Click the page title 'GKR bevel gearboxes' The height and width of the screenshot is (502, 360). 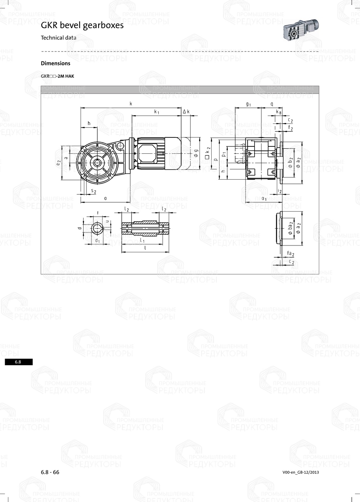pyautogui.click(x=82, y=25)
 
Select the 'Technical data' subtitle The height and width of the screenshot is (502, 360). pyautogui.click(x=58, y=38)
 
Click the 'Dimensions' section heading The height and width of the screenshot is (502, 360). pyautogui.click(x=55, y=63)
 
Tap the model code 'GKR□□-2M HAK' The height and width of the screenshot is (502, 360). pyautogui.click(x=57, y=76)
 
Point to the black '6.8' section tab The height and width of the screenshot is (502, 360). pyautogui.click(x=18, y=362)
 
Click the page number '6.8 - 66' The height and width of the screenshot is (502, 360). pyautogui.click(x=50, y=472)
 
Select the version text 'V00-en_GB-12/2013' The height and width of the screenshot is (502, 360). pyautogui.click(x=301, y=472)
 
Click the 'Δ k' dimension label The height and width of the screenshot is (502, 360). pyautogui.click(x=186, y=112)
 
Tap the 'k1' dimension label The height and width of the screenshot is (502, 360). pyautogui.click(x=157, y=112)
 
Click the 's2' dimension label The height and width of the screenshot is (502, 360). pyautogui.click(x=93, y=191)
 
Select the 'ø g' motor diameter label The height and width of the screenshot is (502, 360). pyautogui.click(x=196, y=153)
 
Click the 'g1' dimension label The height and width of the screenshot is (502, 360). pyautogui.click(x=248, y=104)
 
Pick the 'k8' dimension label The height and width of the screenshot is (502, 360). pyautogui.click(x=278, y=112)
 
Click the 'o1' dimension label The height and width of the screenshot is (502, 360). pyautogui.click(x=264, y=199)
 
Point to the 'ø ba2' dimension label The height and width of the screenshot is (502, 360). pyautogui.click(x=291, y=229)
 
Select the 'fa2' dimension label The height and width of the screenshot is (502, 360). pyautogui.click(x=291, y=254)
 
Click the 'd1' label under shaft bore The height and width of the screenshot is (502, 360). pyautogui.click(x=97, y=240)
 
